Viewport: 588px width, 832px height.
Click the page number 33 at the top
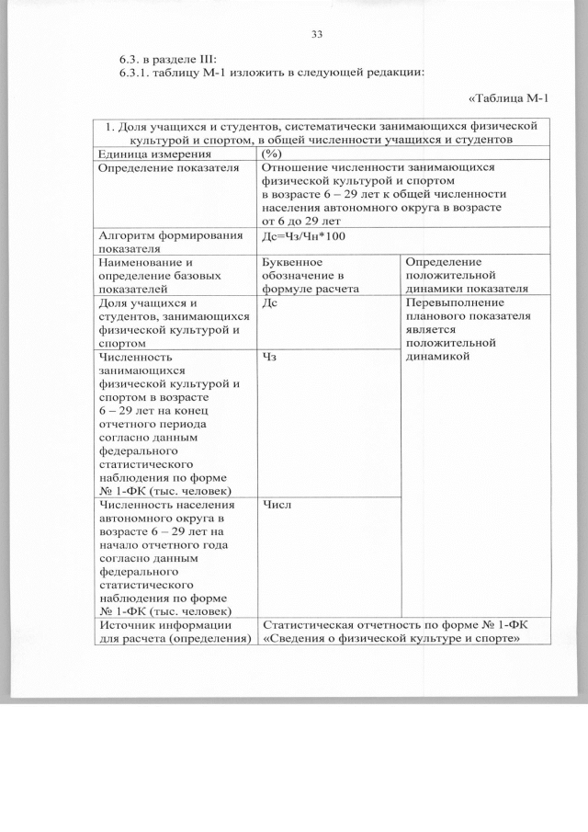[x=317, y=35]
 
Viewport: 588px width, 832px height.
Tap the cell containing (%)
[x=272, y=154]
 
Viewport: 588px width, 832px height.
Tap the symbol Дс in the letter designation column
[x=270, y=302]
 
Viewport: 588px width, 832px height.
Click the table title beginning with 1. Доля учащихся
[x=316, y=131]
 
